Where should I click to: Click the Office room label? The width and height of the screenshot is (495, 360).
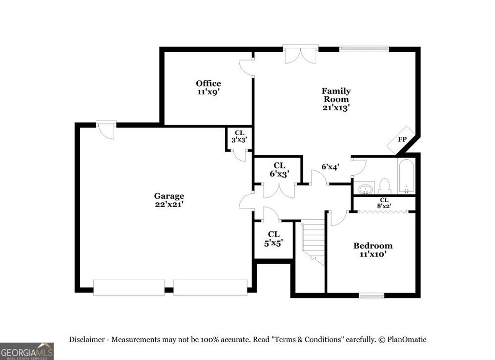[208, 88]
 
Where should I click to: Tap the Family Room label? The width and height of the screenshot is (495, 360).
[336, 99]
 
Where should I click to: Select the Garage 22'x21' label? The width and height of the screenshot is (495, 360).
[169, 200]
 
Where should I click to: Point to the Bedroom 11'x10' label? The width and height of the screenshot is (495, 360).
[372, 249]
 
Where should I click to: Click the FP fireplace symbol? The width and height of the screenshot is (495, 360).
[402, 139]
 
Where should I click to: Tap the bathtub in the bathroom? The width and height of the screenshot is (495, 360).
[406, 176]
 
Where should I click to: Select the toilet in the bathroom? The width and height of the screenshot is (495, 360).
[385, 186]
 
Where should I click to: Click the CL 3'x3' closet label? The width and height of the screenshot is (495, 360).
[239, 136]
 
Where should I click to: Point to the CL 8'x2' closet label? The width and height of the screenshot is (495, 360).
[384, 202]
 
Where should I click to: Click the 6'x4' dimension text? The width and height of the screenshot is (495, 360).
[330, 166]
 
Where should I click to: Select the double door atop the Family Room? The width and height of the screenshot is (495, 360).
[300, 54]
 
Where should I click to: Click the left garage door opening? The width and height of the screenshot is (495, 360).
[129, 287]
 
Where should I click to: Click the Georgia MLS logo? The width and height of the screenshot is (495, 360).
[27, 351]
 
